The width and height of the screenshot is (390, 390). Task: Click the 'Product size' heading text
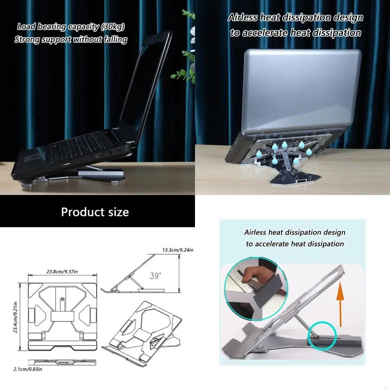[x=95, y=212]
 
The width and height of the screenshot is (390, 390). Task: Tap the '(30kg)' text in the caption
[x=110, y=27]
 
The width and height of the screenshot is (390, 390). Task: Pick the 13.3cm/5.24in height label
[x=178, y=250]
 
